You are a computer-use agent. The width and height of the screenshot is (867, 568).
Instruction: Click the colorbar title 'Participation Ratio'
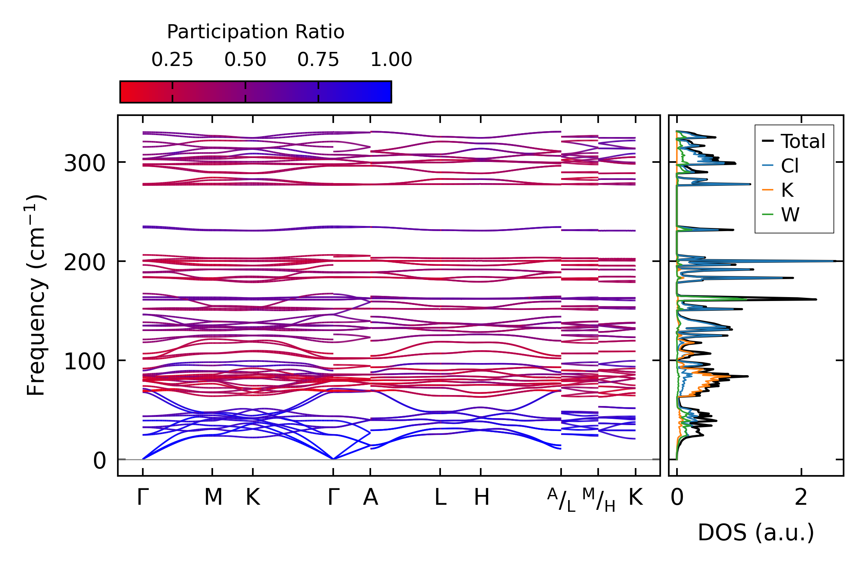point(256,32)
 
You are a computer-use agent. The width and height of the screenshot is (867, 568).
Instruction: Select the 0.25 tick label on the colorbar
point(172,60)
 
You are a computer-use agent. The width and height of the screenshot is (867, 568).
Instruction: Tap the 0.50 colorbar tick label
point(245,60)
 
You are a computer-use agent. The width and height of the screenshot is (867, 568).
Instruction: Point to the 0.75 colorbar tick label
point(318,60)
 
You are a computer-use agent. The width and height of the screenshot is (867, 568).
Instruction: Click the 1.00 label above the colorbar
point(391,60)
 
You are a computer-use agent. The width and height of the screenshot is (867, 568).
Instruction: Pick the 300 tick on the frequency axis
point(85,164)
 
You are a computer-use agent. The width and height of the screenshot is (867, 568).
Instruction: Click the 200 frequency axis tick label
point(85,263)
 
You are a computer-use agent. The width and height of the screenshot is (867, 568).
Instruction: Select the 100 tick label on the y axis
point(85,362)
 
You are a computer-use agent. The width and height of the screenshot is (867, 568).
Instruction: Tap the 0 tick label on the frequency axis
point(99,461)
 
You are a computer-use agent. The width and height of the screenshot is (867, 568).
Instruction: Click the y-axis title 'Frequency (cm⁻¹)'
point(36,295)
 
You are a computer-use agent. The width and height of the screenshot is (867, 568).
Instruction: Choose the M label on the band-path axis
point(213,497)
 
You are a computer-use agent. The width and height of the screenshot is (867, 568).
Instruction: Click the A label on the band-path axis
point(370,497)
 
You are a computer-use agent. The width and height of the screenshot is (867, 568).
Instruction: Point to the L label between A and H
point(441,497)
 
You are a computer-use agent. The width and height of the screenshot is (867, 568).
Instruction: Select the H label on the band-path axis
point(481,497)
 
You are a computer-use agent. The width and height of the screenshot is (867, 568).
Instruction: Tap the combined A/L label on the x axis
point(561,500)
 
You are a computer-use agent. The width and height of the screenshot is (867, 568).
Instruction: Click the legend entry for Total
point(794,141)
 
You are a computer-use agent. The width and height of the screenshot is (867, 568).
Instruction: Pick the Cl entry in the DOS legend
point(781,166)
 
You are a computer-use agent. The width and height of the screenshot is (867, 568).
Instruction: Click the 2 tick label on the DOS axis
point(801,497)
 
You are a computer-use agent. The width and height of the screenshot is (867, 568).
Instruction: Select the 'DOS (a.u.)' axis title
point(756,533)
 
